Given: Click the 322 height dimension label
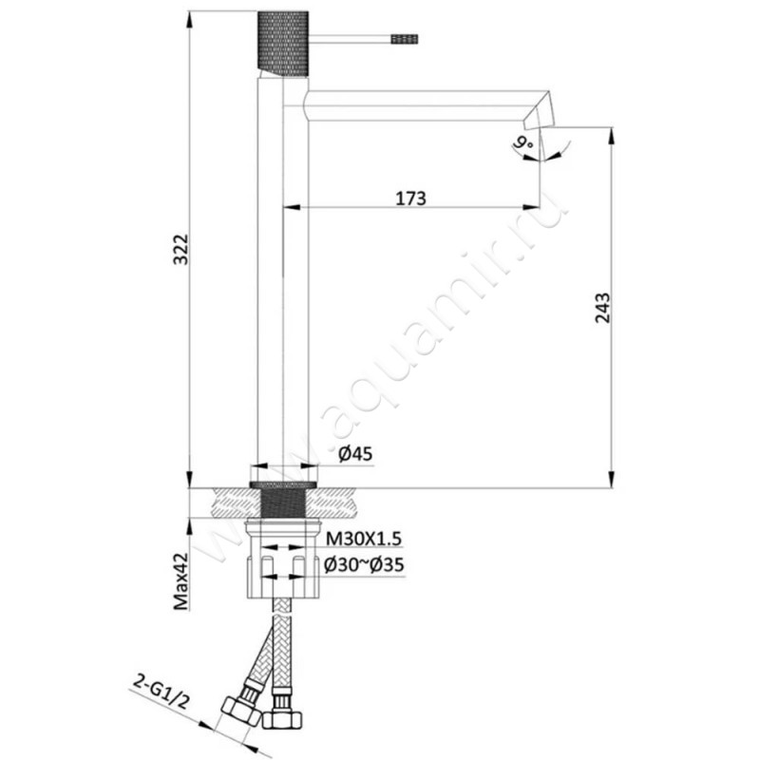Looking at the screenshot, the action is [x=181, y=249].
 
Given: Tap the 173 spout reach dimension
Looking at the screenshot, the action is [x=411, y=199].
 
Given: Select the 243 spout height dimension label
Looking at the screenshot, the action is [x=602, y=307].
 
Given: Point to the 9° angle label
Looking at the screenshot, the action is [x=524, y=143].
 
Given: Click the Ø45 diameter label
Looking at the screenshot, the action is [x=356, y=454].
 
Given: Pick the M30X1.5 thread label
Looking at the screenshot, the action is [x=364, y=539].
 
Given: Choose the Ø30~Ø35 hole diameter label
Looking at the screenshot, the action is [x=364, y=564].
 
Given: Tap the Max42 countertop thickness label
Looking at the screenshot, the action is [x=181, y=581].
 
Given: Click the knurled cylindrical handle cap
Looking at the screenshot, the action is [x=282, y=44].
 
